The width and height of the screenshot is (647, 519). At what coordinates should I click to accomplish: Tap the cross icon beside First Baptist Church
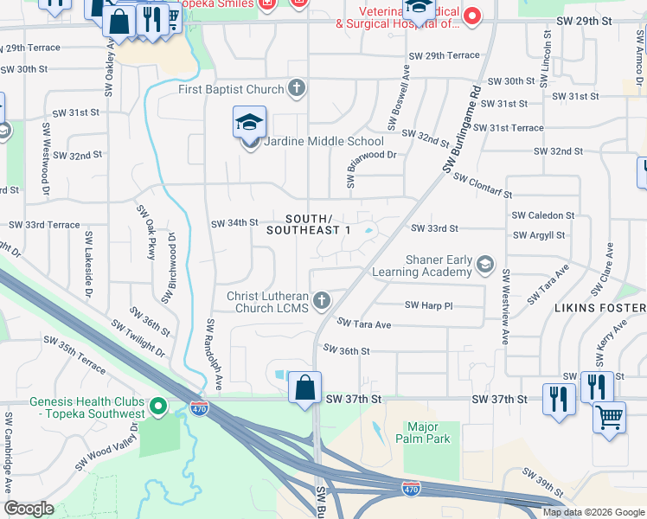click(x=297, y=88)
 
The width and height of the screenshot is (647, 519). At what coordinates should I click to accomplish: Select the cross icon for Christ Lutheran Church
click(x=322, y=301)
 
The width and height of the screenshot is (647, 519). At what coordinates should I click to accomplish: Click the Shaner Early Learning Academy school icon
click(x=485, y=265)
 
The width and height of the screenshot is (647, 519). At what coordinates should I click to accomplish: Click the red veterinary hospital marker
click(x=472, y=16)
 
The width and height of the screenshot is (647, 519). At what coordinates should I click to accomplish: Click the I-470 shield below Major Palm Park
click(x=411, y=490)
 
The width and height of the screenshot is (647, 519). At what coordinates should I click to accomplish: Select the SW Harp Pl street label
click(x=429, y=305)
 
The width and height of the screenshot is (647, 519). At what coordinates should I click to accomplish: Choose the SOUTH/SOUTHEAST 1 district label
click(x=308, y=224)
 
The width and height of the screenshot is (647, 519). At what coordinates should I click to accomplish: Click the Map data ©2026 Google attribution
click(x=593, y=511)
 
